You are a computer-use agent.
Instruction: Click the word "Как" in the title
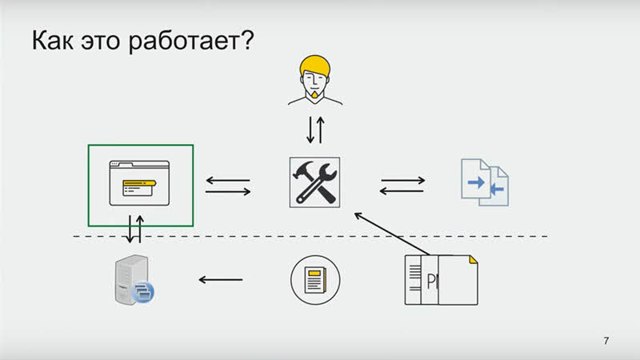point(53,40)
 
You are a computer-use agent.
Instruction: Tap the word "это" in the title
point(101,42)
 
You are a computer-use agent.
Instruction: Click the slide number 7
point(606,341)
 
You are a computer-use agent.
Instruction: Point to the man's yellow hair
point(314,65)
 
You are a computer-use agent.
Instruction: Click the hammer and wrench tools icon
point(314,182)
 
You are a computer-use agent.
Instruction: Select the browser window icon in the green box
point(139,183)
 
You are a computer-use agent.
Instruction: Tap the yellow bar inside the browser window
point(139,183)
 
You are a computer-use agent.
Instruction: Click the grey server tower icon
point(131,279)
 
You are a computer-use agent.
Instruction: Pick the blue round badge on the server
point(142,292)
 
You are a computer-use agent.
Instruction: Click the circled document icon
point(315,280)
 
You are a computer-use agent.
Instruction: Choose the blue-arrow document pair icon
point(485,182)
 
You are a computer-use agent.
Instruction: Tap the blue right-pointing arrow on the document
point(476,182)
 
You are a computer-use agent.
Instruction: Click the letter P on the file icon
point(431,282)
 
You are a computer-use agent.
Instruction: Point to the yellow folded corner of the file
point(474,259)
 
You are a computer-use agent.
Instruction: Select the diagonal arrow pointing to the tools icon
point(392,234)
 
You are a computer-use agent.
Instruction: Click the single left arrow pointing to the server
point(221,279)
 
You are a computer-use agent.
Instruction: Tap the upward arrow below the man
point(321,130)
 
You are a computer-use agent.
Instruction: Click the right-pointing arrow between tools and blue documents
point(403,180)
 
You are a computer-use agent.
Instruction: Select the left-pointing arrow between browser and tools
point(228,180)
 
